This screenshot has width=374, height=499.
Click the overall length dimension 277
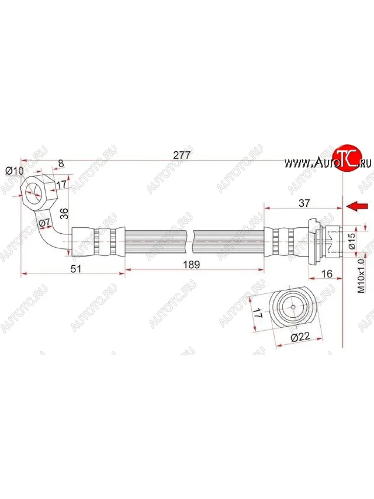182,155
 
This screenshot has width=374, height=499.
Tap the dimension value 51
75,269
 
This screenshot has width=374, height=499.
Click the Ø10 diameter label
14,170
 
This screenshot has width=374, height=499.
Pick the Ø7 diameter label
44,224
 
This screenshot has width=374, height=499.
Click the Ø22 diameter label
300,337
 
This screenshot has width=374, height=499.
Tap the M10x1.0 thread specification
361,275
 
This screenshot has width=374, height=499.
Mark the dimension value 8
61,163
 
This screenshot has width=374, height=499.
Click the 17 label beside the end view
257,313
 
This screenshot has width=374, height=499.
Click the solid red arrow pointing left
358,206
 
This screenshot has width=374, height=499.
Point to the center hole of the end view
293,307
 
